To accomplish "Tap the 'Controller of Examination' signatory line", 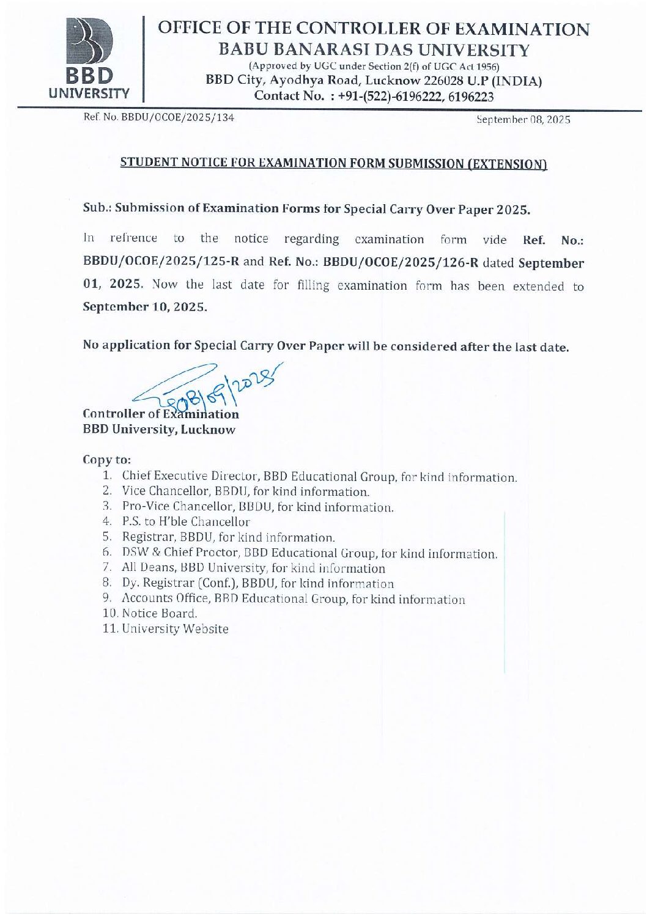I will coord(160,414).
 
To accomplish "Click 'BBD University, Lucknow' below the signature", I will coord(158,429).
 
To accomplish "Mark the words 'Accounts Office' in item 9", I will coord(161,598).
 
